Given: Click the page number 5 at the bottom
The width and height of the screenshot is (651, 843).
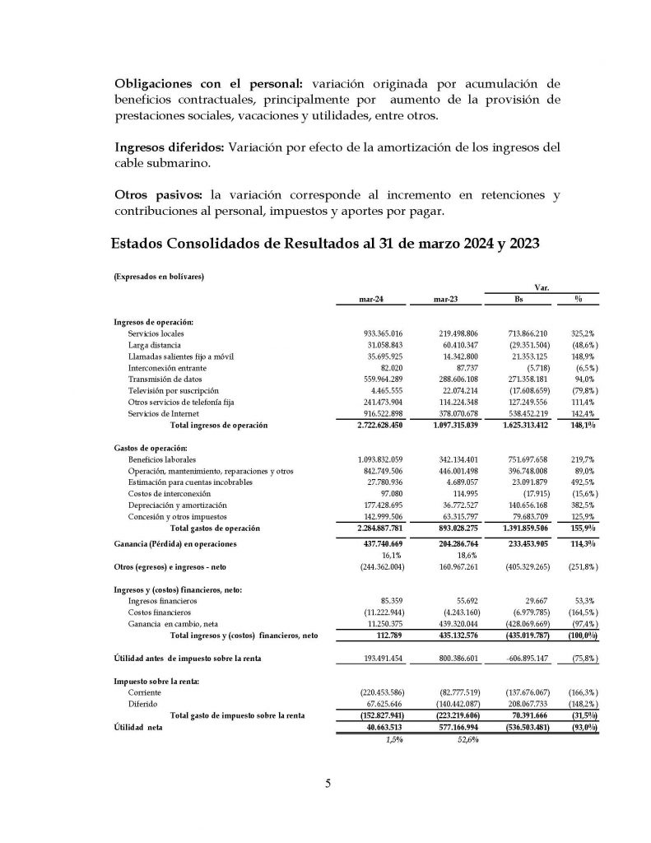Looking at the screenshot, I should point(327,783).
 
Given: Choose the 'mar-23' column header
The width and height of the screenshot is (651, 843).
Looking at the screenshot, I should point(444,302).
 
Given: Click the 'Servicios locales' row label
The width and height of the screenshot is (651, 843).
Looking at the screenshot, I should point(156,333).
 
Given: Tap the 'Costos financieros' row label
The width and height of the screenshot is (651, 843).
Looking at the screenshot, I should point(160,612).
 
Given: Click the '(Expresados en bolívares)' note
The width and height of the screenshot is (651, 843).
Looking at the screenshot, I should point(158,277).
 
